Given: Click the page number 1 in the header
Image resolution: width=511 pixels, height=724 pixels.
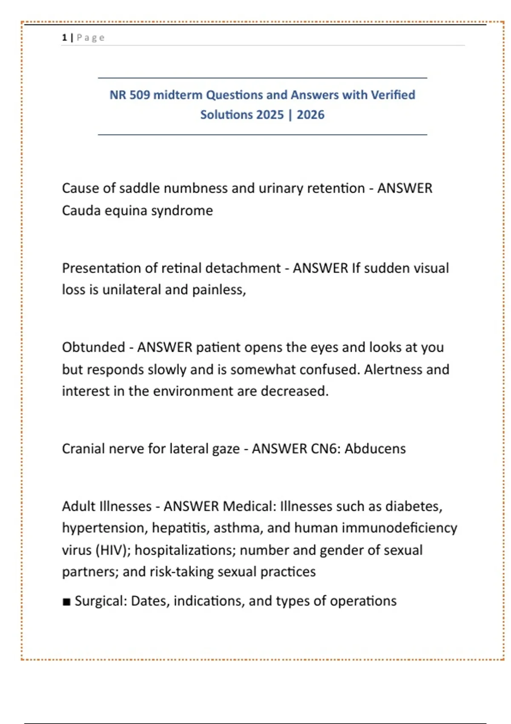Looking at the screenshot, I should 64,37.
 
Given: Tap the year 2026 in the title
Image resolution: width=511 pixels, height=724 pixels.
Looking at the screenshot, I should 310,115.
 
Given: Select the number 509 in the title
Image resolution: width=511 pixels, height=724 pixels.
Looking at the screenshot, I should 140,95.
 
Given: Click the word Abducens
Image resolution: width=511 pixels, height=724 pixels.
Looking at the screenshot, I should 375,448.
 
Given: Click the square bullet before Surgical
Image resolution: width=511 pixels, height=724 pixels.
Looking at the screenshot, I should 66,602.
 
